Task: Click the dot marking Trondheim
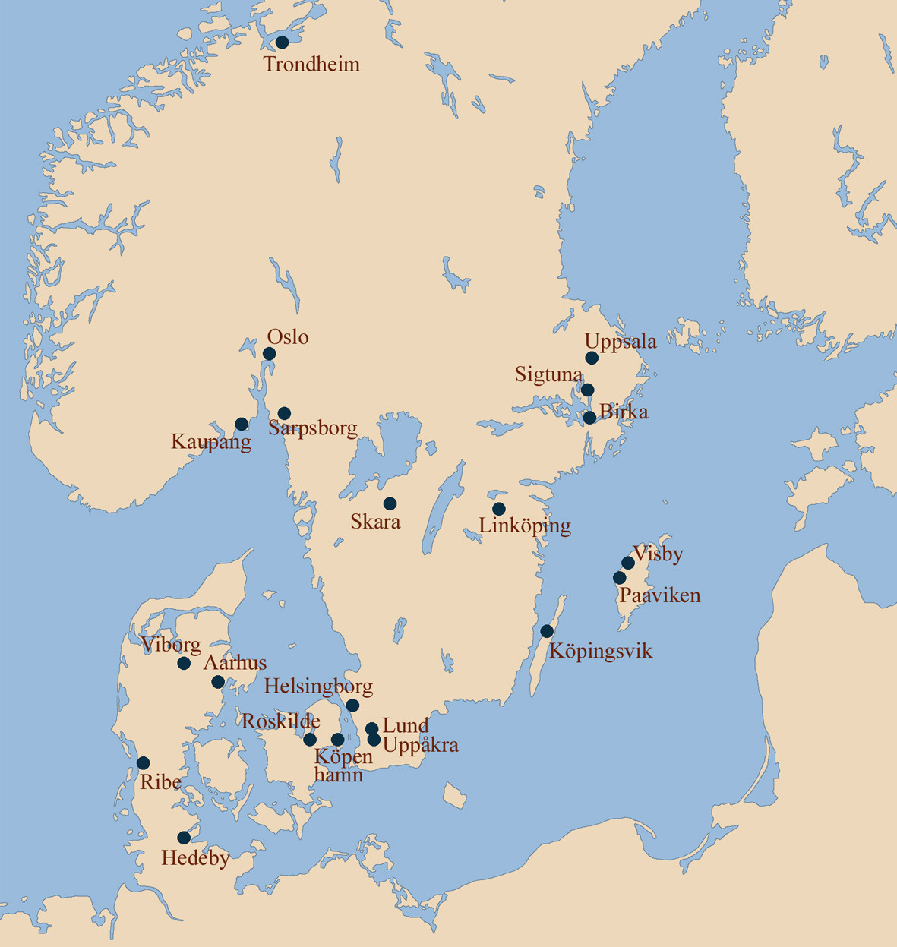pyautogui.click(x=282, y=43)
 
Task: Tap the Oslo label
pyautogui.click(x=288, y=336)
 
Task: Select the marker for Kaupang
pyautogui.click(x=242, y=424)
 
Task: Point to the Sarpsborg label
pyautogui.click(x=313, y=428)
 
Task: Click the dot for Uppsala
pyautogui.click(x=592, y=358)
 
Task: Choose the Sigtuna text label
pyautogui.click(x=548, y=374)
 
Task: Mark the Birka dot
pyautogui.click(x=589, y=418)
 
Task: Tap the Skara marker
pyautogui.click(x=390, y=503)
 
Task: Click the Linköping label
pyautogui.click(x=525, y=526)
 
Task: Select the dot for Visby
pyautogui.click(x=628, y=563)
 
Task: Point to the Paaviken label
pyautogui.click(x=659, y=595)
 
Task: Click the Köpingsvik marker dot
pyautogui.click(x=547, y=631)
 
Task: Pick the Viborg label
pyautogui.click(x=171, y=646)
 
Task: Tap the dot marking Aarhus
pyautogui.click(x=218, y=682)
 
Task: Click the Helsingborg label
pyautogui.click(x=318, y=687)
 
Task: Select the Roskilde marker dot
pyautogui.click(x=310, y=740)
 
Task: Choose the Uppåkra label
pyautogui.click(x=421, y=746)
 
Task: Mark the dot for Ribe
pyautogui.click(x=143, y=763)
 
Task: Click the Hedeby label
pyautogui.click(x=195, y=859)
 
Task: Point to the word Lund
pyautogui.click(x=406, y=726)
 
